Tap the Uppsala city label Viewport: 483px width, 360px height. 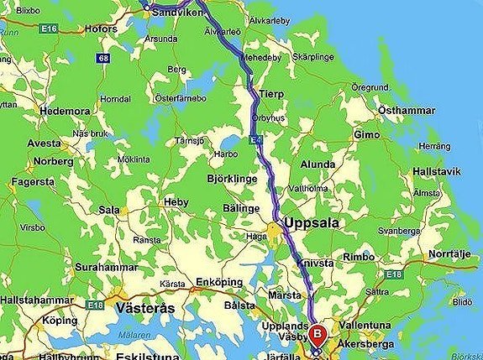313,223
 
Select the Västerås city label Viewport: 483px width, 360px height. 146,308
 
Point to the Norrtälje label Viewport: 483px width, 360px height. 453,253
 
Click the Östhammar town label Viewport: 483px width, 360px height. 406,110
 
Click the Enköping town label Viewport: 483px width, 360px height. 218,282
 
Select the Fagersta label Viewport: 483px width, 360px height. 34,182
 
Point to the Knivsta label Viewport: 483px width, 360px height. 316,263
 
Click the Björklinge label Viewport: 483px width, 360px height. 230,179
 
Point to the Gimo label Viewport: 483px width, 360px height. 368,134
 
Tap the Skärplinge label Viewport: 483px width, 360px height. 312,57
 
